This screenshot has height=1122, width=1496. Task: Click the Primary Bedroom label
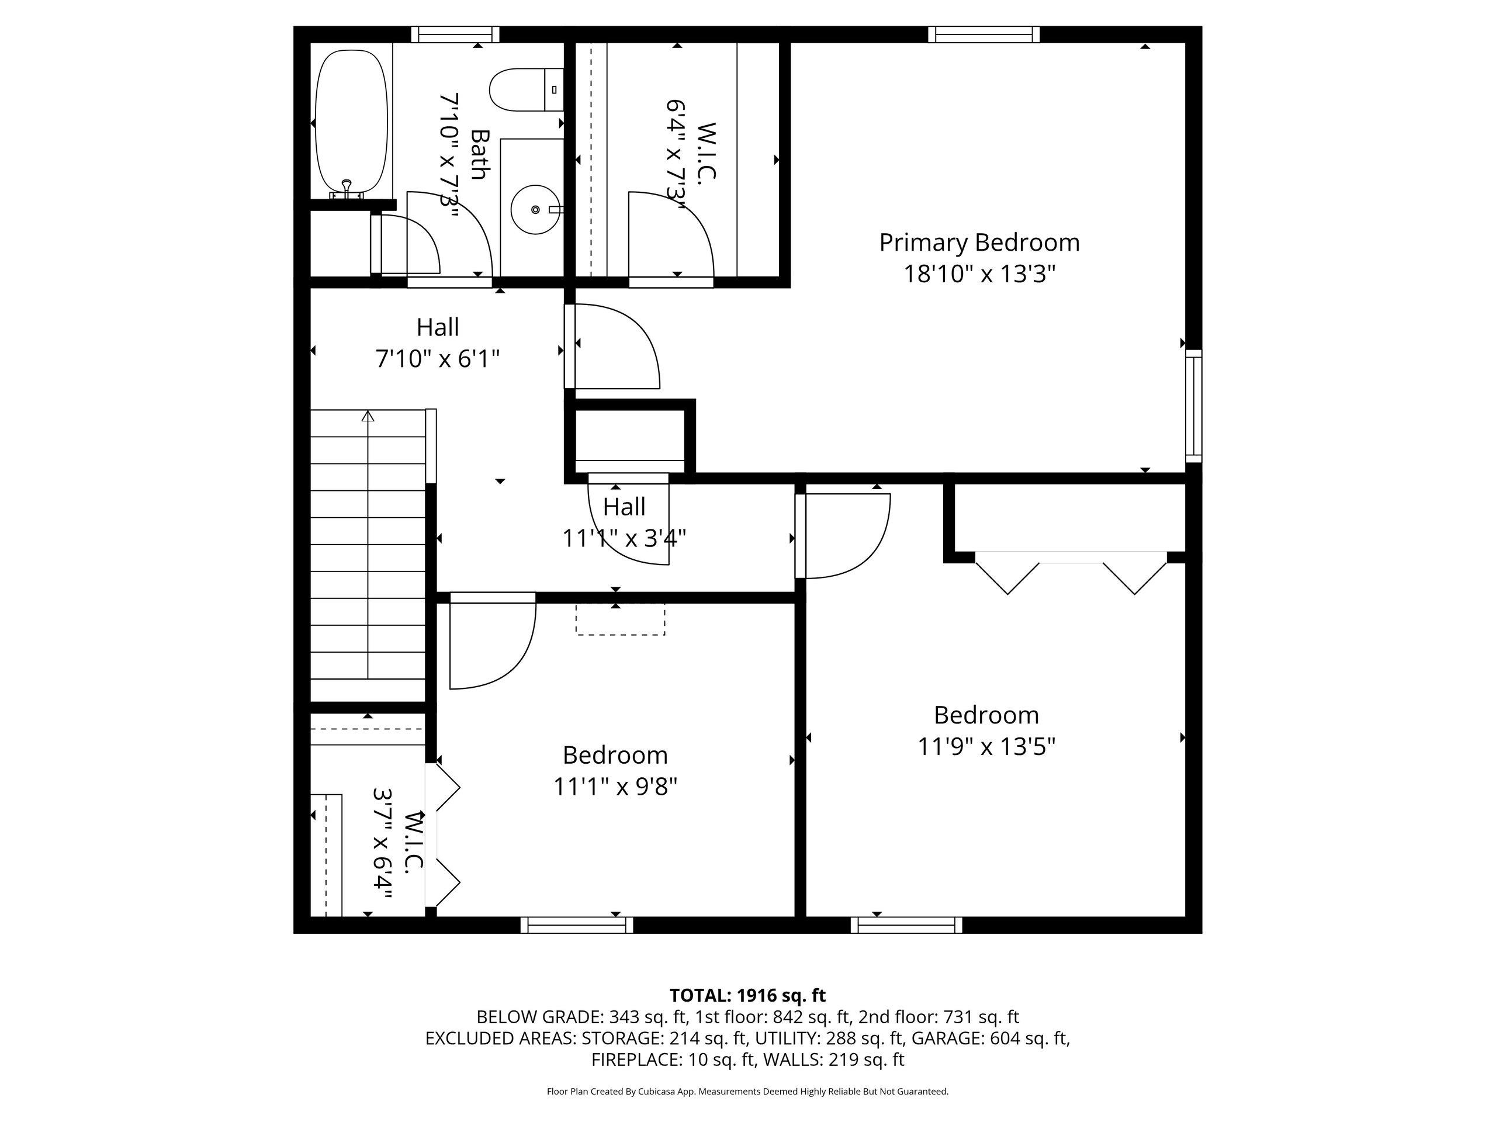(979, 243)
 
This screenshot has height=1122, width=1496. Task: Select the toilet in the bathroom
(526, 90)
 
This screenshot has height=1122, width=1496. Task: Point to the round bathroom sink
(534, 210)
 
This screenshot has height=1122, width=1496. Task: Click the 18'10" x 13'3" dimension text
(979, 274)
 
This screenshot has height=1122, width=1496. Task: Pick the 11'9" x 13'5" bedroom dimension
(986, 747)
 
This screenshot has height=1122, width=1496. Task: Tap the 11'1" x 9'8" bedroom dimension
(615, 787)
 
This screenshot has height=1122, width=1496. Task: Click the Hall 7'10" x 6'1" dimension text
(438, 358)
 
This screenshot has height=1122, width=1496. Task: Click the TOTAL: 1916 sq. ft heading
(747, 996)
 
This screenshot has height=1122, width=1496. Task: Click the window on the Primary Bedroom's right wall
(1194, 406)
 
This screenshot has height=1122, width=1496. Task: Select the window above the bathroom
(455, 34)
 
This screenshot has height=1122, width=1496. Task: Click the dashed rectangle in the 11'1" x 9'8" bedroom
(620, 619)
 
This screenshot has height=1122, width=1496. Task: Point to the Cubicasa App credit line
(747, 1091)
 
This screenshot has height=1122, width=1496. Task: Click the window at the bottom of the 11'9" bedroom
(906, 924)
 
